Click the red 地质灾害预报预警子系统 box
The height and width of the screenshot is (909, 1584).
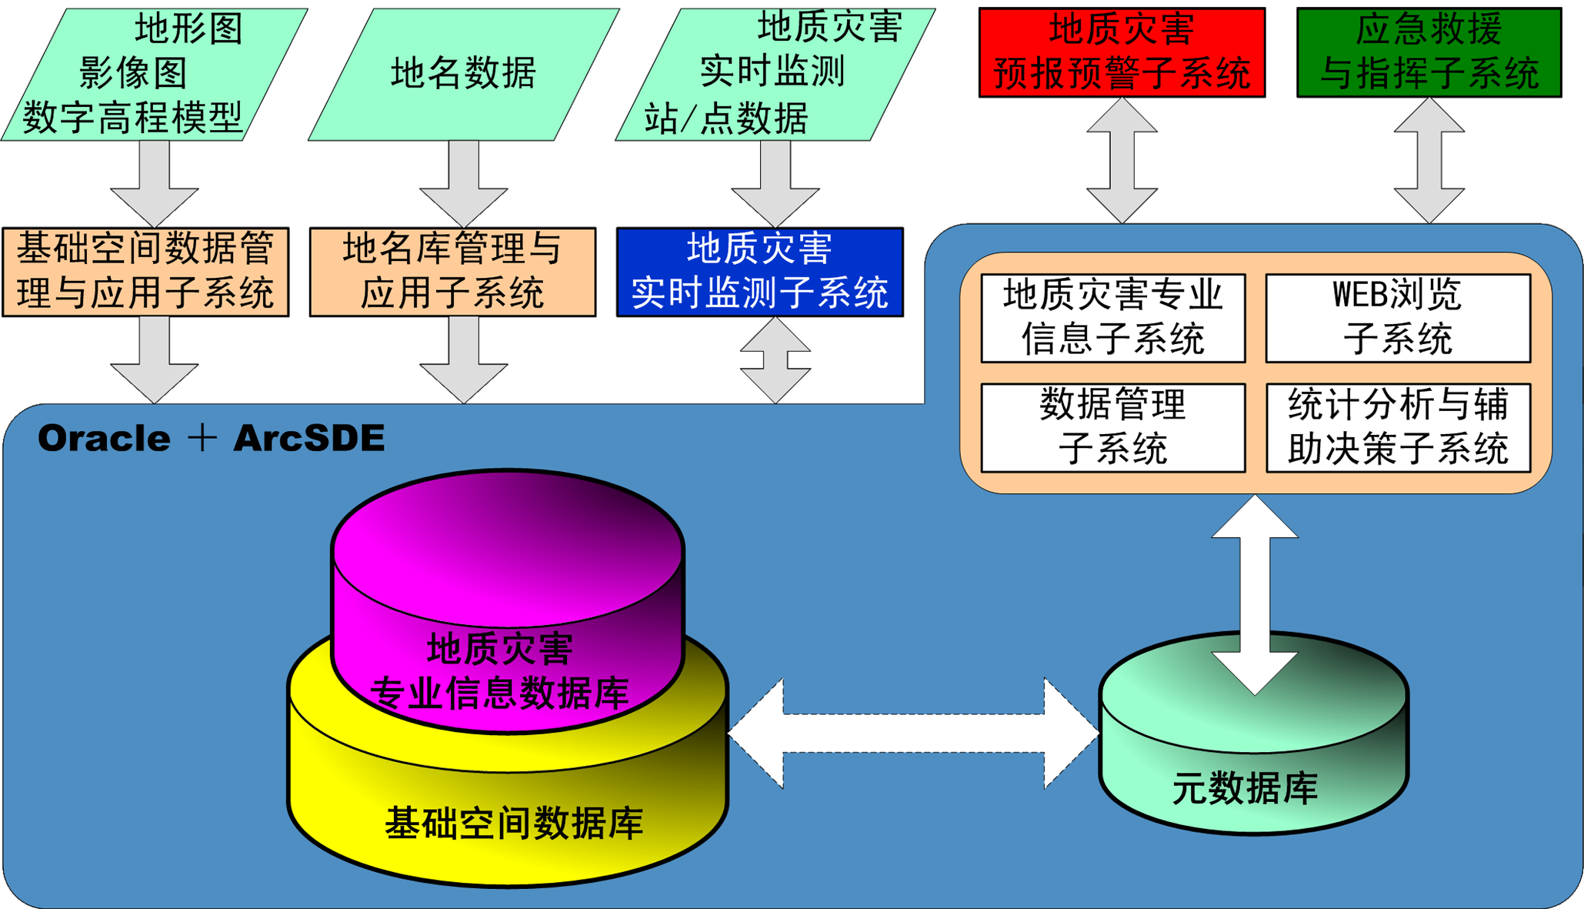click(x=1122, y=52)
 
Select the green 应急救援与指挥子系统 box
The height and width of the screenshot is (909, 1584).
click(x=1429, y=52)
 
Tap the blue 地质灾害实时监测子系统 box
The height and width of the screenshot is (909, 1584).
click(x=759, y=272)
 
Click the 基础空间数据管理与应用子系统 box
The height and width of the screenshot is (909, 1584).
click(x=145, y=272)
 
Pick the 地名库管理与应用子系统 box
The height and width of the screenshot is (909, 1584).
click(x=452, y=272)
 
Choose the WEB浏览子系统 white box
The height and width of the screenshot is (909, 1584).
click(x=1398, y=318)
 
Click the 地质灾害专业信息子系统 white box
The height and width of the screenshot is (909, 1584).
click(x=1113, y=318)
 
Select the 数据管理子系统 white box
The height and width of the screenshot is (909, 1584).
click(x=1113, y=427)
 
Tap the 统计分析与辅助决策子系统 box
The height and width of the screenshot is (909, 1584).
click(x=1398, y=427)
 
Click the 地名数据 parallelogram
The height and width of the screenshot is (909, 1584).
click(x=463, y=74)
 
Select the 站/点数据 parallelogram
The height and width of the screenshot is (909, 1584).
click(x=773, y=74)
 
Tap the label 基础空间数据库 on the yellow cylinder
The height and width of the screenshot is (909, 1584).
click(x=513, y=824)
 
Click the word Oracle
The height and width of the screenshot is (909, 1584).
click(x=104, y=439)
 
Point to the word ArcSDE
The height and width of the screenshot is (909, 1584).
click(x=308, y=439)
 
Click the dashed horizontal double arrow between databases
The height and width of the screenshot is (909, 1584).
click(x=913, y=734)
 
